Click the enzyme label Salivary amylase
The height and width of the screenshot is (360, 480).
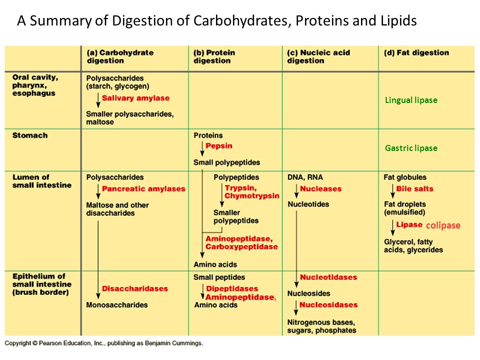[x=135, y=98]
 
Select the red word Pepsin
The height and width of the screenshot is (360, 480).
[x=219, y=145]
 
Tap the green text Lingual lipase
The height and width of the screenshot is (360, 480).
[x=411, y=100]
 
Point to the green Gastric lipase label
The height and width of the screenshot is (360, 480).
[x=411, y=148]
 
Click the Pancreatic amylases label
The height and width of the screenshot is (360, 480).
[x=143, y=188]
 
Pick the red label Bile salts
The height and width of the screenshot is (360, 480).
[x=415, y=188]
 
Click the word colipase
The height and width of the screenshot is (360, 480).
[x=443, y=225]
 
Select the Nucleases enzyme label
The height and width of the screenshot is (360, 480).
[x=320, y=188]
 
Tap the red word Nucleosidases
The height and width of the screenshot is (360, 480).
[x=328, y=304]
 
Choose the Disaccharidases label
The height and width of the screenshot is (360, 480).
[x=135, y=288]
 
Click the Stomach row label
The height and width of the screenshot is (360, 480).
[x=30, y=135]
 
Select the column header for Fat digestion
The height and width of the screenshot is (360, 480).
[x=416, y=52]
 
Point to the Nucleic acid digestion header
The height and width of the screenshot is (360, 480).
[x=318, y=56]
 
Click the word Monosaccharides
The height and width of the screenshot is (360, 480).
[x=117, y=305]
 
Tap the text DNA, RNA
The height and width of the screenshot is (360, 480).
[x=305, y=177]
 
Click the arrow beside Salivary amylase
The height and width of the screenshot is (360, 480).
[x=98, y=100]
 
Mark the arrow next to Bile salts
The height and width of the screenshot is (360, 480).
[x=392, y=191]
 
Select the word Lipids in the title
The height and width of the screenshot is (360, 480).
[x=398, y=21]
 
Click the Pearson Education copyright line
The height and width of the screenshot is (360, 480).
[x=104, y=343]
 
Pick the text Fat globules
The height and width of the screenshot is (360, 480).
[x=405, y=177]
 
